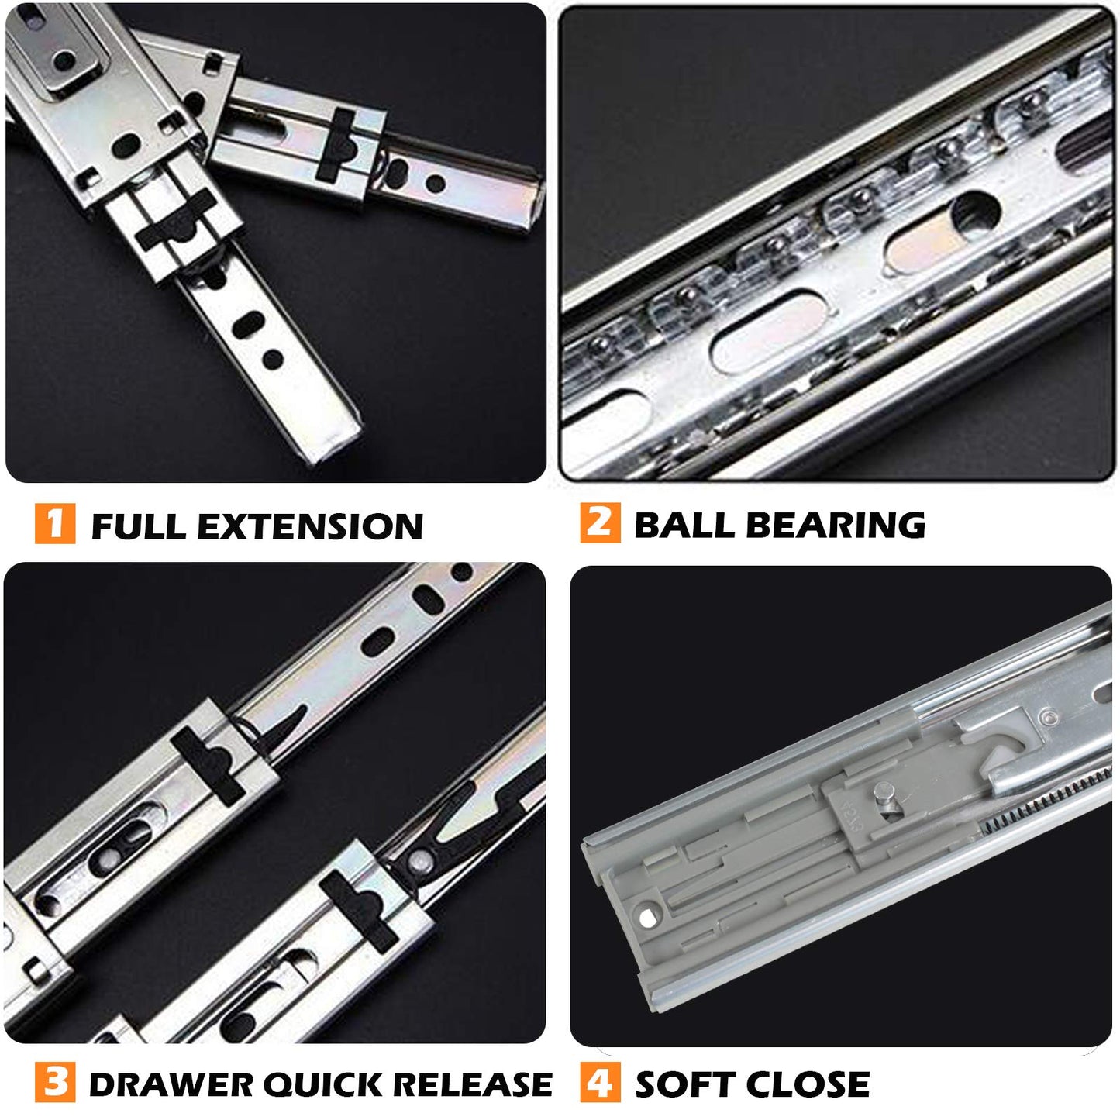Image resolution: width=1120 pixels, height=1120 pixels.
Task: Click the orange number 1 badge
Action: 55,524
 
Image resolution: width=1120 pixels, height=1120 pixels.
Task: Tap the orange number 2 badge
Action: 600,523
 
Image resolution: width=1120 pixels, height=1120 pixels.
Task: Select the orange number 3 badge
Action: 55,1082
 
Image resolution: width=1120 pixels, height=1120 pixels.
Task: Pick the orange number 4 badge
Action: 600,1082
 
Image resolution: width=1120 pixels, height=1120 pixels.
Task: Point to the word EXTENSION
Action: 310,526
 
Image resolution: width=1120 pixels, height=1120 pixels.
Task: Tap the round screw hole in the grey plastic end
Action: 646,918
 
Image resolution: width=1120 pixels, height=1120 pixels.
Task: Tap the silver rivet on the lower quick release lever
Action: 419,861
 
